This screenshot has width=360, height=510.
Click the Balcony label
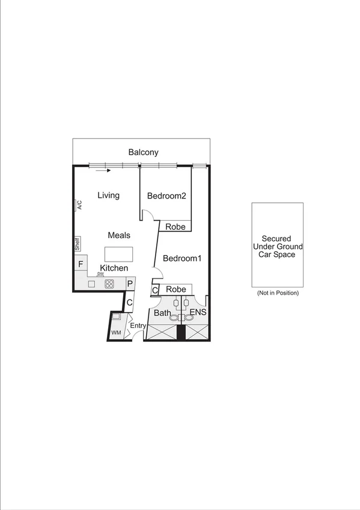pyautogui.click(x=143, y=152)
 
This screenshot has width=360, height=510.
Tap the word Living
pyautogui.click(x=109, y=195)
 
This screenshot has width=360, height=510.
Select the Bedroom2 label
pyautogui.click(x=166, y=195)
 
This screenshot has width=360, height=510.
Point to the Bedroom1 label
pyautogui.click(x=182, y=259)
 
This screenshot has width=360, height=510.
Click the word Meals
pyautogui.click(x=119, y=235)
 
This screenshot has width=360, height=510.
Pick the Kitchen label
pyautogui.click(x=114, y=268)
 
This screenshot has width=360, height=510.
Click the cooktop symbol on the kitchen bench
pyautogui.click(x=109, y=284)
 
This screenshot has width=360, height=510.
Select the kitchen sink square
pyautogui.click(x=92, y=284)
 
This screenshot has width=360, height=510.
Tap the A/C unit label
pyautogui.click(x=79, y=205)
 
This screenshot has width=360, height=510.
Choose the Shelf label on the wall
pyautogui.click(x=77, y=244)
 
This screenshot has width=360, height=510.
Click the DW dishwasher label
pyautogui.click(x=100, y=274)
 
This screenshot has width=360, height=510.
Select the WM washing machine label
pyautogui.click(x=116, y=332)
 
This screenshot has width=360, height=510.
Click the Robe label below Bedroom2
pyautogui.click(x=175, y=227)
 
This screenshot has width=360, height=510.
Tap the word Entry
pyautogui.click(x=138, y=327)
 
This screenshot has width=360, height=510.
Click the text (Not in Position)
pyautogui.click(x=277, y=293)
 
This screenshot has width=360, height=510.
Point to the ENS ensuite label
pyautogui.click(x=198, y=313)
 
